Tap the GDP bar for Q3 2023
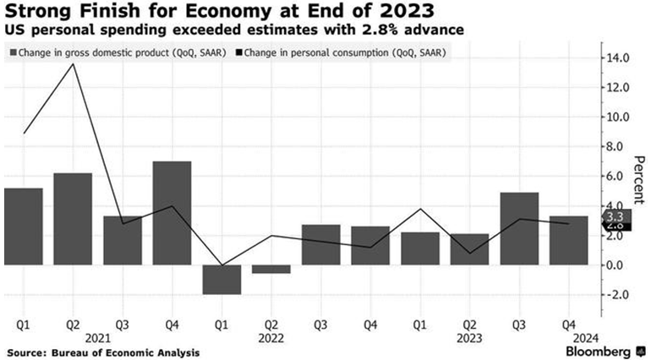[x=519, y=228]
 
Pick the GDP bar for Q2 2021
[x=73, y=219]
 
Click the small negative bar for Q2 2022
[x=271, y=269]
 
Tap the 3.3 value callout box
[x=615, y=217]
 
